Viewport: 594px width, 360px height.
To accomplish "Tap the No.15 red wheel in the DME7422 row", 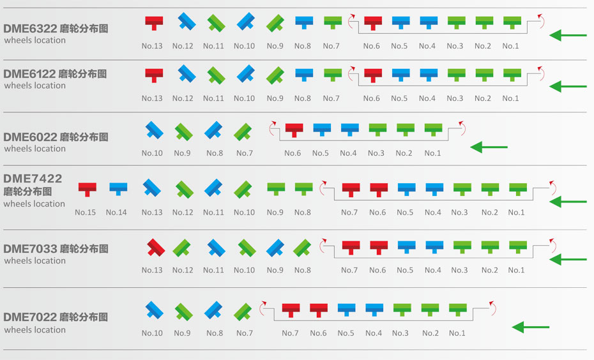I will [x=87, y=189].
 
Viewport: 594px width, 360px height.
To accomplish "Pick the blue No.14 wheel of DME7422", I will [x=118, y=189].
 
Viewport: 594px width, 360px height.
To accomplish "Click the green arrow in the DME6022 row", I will [x=489, y=147].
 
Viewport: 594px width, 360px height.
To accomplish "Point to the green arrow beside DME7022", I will [x=531, y=327].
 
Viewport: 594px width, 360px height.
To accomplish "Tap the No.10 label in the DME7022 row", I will [x=152, y=333].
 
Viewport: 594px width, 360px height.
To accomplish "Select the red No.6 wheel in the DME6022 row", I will [x=293, y=130].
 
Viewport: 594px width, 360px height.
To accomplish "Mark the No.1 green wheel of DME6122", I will [x=512, y=75].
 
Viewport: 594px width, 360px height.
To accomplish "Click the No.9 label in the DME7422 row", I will [x=275, y=213].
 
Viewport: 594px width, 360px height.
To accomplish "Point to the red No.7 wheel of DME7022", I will [x=291, y=310].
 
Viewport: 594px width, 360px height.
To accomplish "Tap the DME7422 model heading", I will [x=33, y=179].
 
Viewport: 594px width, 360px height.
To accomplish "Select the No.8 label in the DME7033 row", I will [x=303, y=270].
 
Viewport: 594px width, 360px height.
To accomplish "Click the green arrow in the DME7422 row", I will [x=568, y=202].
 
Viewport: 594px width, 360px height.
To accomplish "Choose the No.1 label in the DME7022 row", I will [x=457, y=333].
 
